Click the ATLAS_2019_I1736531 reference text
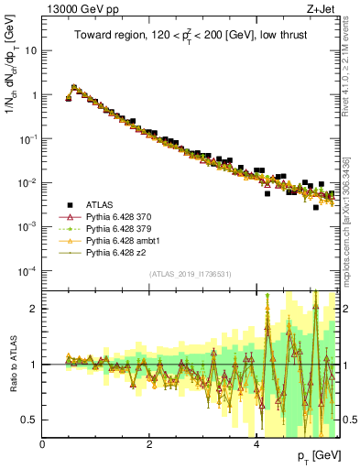pos(190,274)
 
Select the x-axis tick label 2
pos(149,444)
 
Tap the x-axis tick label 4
pos(256,444)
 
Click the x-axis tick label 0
pos(42,444)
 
